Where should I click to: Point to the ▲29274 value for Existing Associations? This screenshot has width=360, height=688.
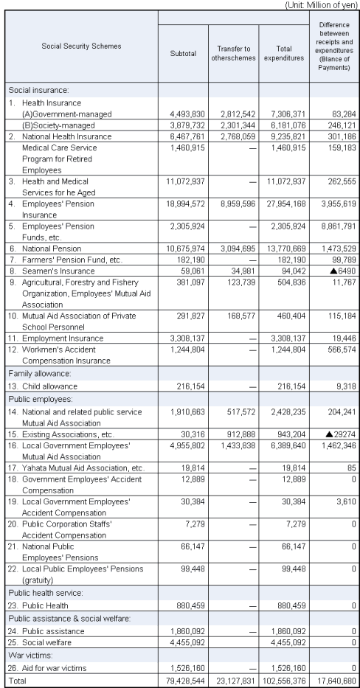pyautogui.click(x=335, y=434)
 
